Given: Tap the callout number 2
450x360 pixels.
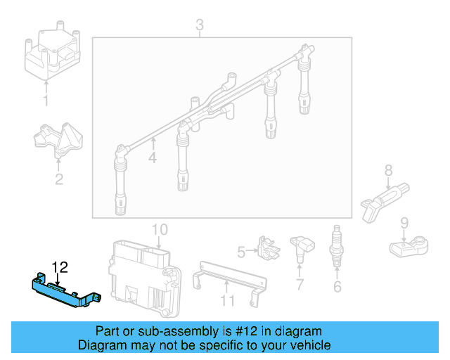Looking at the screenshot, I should pyautogui.click(x=59, y=179).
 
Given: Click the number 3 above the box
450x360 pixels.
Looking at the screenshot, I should pyautogui.click(x=200, y=27).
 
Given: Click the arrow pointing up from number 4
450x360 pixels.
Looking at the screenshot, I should pyautogui.click(x=153, y=143).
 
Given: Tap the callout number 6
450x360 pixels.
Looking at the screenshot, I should pyautogui.click(x=337, y=286).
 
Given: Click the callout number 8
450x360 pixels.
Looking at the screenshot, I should pyautogui.click(x=387, y=170).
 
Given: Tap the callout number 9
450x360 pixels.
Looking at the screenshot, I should pyautogui.click(x=404, y=224).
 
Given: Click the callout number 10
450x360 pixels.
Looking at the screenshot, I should pyautogui.click(x=160, y=229).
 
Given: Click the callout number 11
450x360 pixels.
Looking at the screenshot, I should pyautogui.click(x=226, y=302).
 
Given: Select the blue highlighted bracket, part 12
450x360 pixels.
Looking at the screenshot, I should pyautogui.click(x=65, y=290).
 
